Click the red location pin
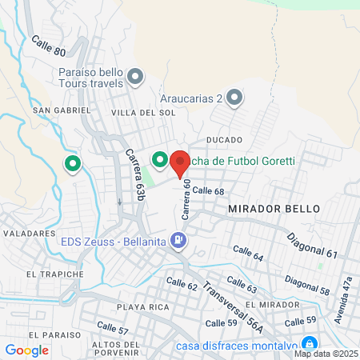(x=180, y=162)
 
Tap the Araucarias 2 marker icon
(x=234, y=98)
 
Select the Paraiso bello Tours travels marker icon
(x=135, y=78)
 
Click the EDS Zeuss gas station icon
(x=181, y=239)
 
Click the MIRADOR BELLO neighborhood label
(x=274, y=208)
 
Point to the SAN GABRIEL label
(x=54, y=109)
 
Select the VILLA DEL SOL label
(x=143, y=113)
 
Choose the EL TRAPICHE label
(x=54, y=274)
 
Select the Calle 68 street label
(x=207, y=190)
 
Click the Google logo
(x=26, y=350)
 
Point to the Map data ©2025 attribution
(x=325, y=354)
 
